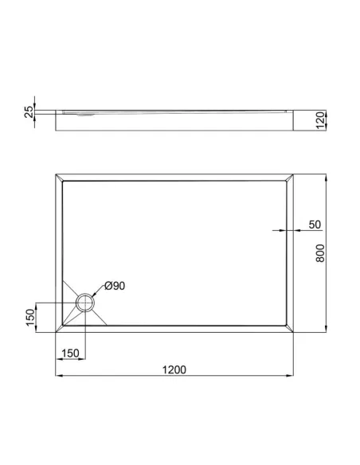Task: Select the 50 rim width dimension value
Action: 315,225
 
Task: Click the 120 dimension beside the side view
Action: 320,120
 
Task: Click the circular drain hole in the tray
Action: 85,303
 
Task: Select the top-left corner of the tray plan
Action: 56,174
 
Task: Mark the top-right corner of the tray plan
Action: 295,174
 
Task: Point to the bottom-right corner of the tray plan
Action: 295,333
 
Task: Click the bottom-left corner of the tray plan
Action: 56,333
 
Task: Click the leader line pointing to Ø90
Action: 99,291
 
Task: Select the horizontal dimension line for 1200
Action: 175,376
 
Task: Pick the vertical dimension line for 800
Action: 327,253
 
